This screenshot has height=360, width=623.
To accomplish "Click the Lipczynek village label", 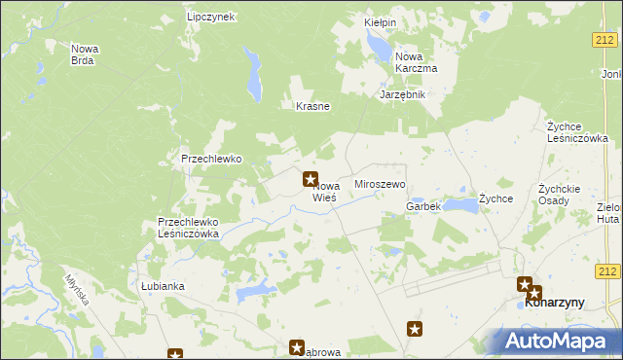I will [x=211, y=18].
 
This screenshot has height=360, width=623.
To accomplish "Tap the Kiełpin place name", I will [x=379, y=20].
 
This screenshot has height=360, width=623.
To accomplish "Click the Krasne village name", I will [x=312, y=107].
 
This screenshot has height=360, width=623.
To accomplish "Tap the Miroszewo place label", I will [x=380, y=184].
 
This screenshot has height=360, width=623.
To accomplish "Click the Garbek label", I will [x=423, y=206].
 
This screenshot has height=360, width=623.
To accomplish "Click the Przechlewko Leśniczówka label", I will [x=189, y=228].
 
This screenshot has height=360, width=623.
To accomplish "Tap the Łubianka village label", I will [x=162, y=287].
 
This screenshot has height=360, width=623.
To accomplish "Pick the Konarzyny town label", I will [x=554, y=303].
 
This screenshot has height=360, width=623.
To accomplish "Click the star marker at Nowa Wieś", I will [x=311, y=179].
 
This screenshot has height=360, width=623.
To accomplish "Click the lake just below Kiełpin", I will [x=376, y=44].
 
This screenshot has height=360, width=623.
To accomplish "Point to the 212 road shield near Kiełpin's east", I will [x=604, y=39].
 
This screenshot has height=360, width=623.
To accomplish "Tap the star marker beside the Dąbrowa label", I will [x=298, y=347].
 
